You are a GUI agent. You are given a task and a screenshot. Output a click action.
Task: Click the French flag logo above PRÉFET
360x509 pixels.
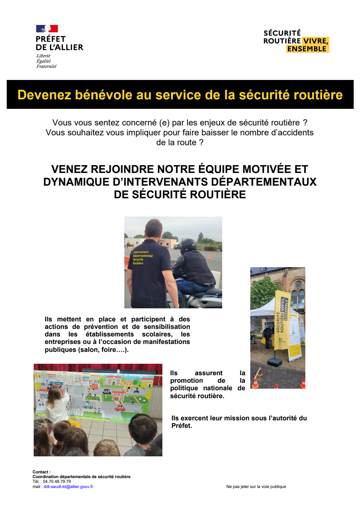coord(47,28)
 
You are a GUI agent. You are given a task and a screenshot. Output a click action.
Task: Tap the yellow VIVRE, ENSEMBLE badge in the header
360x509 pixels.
coord(308,45)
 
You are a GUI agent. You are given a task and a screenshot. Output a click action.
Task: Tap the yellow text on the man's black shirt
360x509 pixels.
coord(143,257)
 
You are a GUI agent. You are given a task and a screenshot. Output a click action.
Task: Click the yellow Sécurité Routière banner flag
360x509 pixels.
coord(282,317)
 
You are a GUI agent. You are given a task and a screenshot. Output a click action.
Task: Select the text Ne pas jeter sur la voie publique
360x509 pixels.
coord(256,486)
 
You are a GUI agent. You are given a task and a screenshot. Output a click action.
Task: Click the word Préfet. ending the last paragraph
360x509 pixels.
coord(182,426)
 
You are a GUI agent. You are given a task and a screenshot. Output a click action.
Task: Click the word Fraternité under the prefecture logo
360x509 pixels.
coord(46,66)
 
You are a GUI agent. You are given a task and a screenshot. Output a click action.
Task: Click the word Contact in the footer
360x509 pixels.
coord(41,472)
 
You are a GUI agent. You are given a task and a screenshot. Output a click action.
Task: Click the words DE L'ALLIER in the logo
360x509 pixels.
coord(59,47)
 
